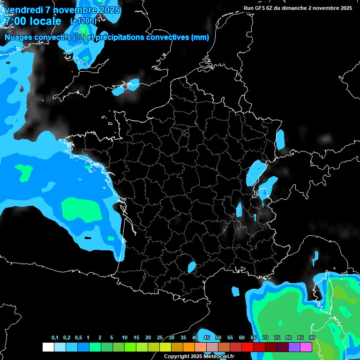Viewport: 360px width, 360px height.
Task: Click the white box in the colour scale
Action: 48,347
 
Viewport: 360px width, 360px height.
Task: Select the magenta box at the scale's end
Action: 306,347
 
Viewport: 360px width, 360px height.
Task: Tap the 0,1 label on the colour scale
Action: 55,338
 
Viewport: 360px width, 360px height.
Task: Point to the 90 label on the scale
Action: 312,338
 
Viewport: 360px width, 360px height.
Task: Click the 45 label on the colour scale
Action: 207,338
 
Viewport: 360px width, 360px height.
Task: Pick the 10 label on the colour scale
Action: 125,338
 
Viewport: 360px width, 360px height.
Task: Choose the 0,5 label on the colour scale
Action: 78,338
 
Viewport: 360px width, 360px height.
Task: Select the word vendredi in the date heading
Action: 23,10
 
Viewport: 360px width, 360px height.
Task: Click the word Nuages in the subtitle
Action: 19,37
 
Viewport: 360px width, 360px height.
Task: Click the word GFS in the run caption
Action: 259,8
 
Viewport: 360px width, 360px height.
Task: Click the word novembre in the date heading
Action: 75,10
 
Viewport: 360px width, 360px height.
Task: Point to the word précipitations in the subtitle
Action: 123,37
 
